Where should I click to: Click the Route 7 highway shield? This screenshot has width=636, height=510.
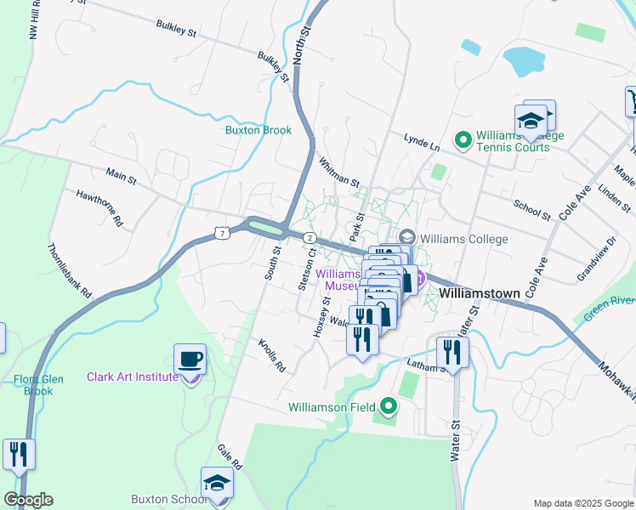[x=221, y=233]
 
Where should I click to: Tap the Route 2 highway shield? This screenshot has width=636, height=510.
[x=310, y=238]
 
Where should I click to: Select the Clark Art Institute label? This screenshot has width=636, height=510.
[x=133, y=377]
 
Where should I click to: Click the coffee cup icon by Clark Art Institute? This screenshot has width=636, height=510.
[x=190, y=359]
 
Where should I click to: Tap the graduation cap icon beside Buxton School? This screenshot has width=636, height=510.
[x=217, y=483]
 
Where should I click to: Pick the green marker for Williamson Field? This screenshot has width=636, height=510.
[x=389, y=407]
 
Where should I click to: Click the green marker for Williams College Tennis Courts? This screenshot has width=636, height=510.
[x=463, y=139]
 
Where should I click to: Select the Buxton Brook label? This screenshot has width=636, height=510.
[x=258, y=130]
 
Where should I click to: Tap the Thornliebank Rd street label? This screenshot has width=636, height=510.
[x=69, y=268]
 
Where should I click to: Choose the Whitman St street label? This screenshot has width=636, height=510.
[x=338, y=171]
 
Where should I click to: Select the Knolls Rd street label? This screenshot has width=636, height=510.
[x=272, y=355]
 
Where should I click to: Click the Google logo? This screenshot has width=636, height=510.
[x=28, y=500]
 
